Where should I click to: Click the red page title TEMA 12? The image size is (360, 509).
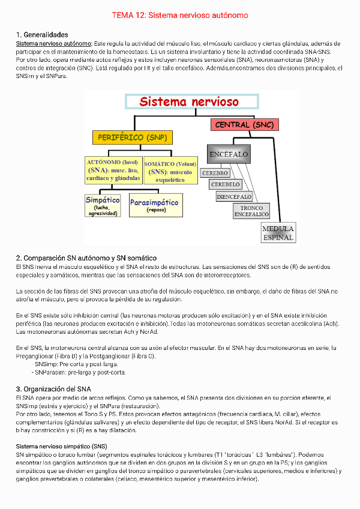tap(180, 14)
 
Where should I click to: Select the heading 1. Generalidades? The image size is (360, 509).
tap(41, 35)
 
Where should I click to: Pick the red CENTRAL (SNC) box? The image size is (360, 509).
tap(244, 125)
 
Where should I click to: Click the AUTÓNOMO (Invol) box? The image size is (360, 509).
tap(113, 170)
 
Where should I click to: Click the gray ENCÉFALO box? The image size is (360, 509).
tap(228, 154)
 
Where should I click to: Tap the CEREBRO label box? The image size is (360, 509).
tap(215, 173)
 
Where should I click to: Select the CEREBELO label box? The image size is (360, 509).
tap(226, 184)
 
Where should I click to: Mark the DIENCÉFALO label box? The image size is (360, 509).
tap(234, 196)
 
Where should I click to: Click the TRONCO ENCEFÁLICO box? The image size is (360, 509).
tap(251, 211)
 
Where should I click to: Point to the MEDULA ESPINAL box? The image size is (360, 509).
tap(278, 233)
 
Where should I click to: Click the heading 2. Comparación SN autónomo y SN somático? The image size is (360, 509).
tap(86, 258)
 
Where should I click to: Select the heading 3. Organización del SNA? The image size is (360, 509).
tap(53, 389)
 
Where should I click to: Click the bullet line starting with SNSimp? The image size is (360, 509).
tap(76, 364)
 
